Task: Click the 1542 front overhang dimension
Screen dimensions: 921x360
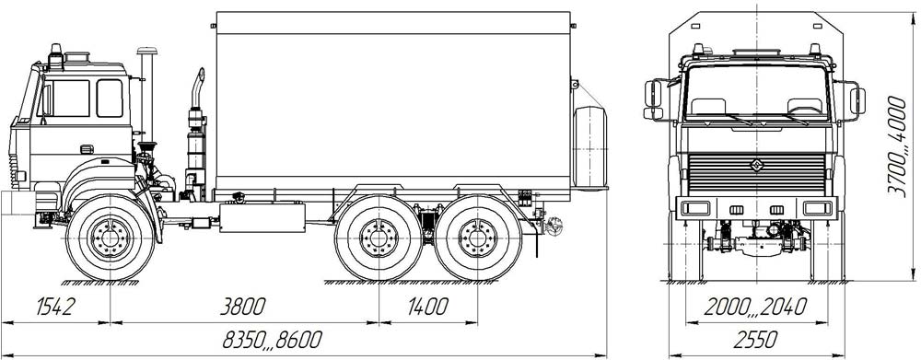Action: pyautogui.click(x=56, y=307)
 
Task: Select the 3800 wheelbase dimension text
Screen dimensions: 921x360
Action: pyautogui.click(x=242, y=307)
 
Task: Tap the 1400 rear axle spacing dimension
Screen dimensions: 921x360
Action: pyautogui.click(x=427, y=307)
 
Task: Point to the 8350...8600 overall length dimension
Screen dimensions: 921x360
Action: pyautogui.click(x=273, y=340)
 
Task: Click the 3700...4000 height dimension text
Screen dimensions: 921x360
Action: pyautogui.click(x=897, y=146)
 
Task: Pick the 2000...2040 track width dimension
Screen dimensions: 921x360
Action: pyautogui.click(x=755, y=307)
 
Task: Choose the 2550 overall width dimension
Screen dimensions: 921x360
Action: pyautogui.click(x=756, y=340)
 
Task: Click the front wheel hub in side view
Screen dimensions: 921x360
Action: pyautogui.click(x=110, y=238)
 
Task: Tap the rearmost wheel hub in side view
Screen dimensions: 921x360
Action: pyautogui.click(x=477, y=238)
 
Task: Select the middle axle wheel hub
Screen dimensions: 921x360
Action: pyautogui.click(x=379, y=238)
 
